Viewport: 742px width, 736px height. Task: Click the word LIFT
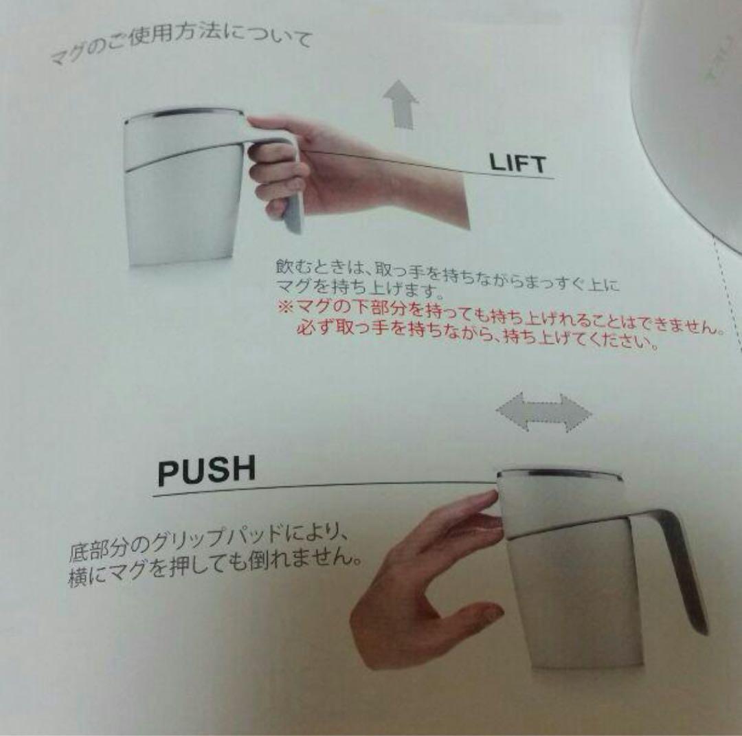point(517,163)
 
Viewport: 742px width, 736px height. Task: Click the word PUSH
point(206,470)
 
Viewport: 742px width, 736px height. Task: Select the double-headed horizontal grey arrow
point(543,412)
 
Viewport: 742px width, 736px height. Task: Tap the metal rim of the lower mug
point(559,473)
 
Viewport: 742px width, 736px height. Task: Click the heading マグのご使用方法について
point(182,45)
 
